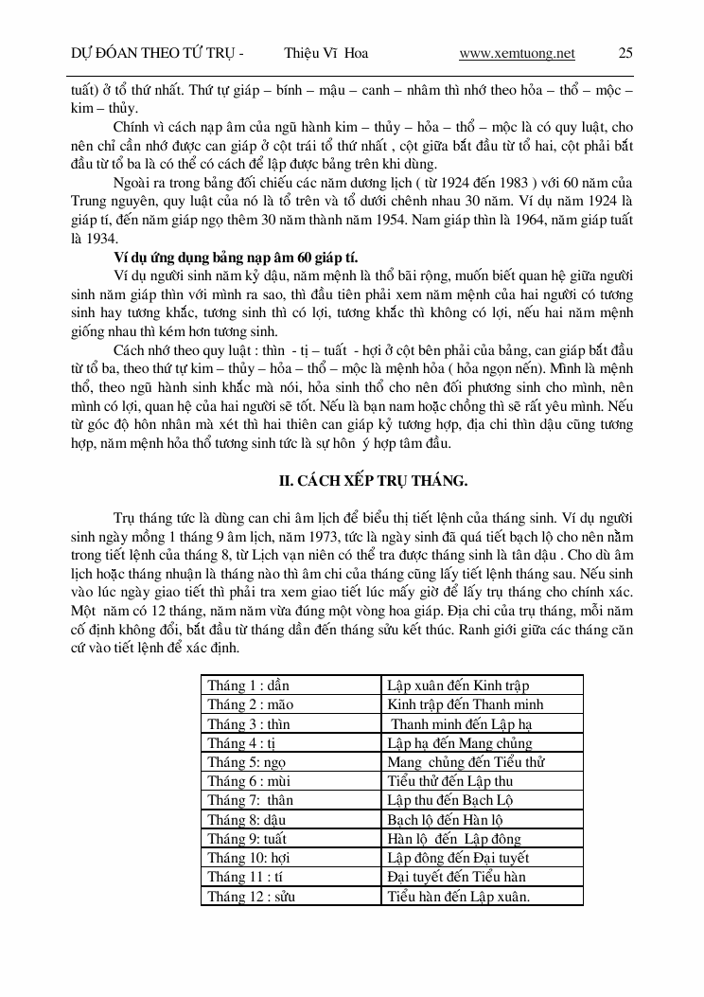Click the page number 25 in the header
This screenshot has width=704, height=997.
pos(625,53)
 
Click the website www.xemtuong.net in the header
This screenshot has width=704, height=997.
pos(517,53)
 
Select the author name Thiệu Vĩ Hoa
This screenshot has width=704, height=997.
pos(326,53)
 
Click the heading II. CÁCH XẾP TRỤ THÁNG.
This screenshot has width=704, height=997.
pos(373,480)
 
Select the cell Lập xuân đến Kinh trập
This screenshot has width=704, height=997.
pos(458,685)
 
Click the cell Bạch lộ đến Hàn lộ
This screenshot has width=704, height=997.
pos(445,820)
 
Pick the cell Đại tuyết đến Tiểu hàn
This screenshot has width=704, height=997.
pos(456,877)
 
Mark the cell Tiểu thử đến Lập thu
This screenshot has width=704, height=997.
pos(450,781)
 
